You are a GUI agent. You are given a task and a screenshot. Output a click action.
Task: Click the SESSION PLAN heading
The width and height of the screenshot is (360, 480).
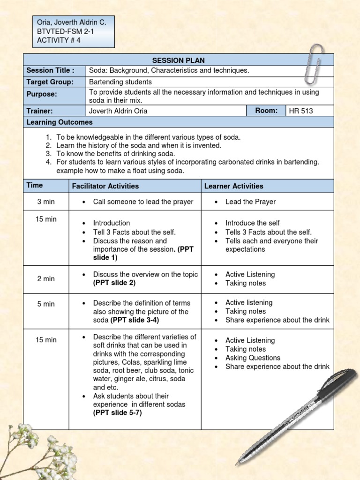pyautogui.click(x=178, y=60)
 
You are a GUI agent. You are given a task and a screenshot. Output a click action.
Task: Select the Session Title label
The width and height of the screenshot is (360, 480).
pyautogui.click(x=50, y=71)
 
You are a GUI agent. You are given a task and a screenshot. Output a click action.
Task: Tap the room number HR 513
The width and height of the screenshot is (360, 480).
pyautogui.click(x=301, y=111)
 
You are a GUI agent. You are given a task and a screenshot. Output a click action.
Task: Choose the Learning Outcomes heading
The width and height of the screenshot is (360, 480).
pyautogui.click(x=60, y=122)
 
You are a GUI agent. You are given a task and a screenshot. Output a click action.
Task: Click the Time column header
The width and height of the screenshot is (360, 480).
pyautogui.click(x=35, y=185)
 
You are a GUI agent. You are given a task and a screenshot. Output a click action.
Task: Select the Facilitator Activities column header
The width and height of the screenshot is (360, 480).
pyautogui.click(x=105, y=186)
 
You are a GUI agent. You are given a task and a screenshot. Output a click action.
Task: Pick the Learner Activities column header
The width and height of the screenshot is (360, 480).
pyautogui.click(x=233, y=186)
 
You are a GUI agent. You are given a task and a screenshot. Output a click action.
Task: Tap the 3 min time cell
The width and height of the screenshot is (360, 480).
pyautogui.click(x=46, y=202)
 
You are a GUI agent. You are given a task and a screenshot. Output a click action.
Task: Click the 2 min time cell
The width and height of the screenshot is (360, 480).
pyautogui.click(x=46, y=279)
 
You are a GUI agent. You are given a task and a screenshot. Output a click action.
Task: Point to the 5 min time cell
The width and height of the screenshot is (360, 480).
pyautogui.click(x=46, y=304)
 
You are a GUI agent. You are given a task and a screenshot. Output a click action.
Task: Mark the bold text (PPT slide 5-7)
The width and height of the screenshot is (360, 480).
pyautogui.click(x=117, y=413)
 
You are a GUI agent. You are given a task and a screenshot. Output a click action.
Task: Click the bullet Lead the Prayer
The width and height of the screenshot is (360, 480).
pyautogui.click(x=250, y=202)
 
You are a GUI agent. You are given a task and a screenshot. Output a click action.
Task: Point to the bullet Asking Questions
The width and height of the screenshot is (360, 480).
pyautogui.click(x=253, y=358)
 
